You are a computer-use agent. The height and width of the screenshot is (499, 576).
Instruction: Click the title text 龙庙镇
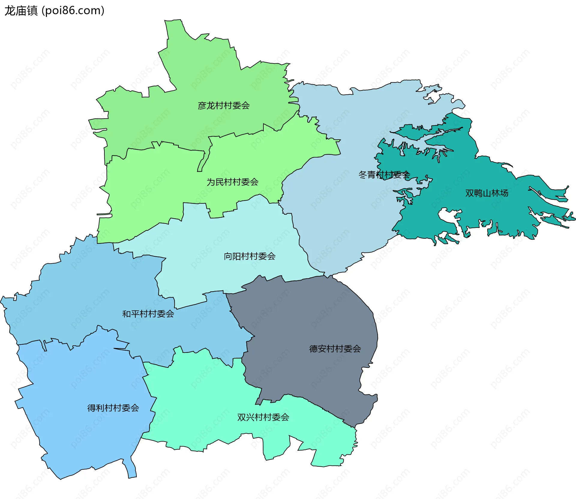click(21, 11)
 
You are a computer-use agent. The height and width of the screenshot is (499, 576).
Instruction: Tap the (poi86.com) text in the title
click(73, 11)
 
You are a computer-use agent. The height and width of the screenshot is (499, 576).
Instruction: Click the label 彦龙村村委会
click(223, 105)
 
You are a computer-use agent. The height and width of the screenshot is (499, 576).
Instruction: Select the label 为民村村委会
click(232, 182)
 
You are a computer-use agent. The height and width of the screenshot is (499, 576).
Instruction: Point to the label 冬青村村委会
click(384, 175)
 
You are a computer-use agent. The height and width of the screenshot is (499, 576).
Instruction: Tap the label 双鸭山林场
click(487, 193)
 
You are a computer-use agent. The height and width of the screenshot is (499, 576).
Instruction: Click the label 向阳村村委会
click(250, 256)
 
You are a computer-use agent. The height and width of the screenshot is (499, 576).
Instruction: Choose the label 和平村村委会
click(148, 314)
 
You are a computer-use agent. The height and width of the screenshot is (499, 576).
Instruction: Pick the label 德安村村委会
click(335, 349)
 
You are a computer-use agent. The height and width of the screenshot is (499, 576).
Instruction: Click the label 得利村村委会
click(113, 408)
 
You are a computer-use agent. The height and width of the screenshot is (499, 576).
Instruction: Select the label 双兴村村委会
click(263, 417)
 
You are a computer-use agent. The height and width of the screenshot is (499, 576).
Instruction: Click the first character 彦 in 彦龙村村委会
click(202, 105)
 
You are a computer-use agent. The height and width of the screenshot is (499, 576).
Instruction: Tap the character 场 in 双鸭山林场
click(504, 193)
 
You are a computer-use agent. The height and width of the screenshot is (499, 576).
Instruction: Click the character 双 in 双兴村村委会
click(241, 417)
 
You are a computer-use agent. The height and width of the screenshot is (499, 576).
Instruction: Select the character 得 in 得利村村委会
click(91, 408)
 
